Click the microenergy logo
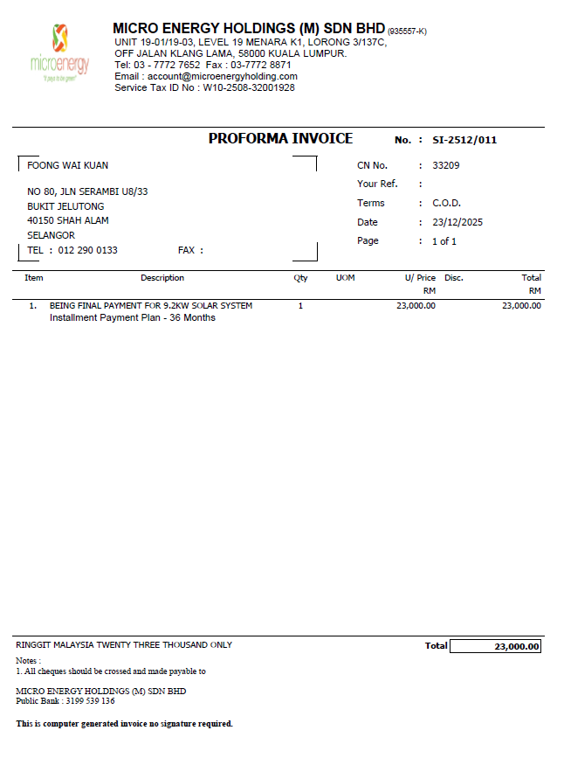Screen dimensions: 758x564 click(x=59, y=52)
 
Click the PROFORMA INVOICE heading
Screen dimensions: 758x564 click(x=280, y=139)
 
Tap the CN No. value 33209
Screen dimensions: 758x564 click(x=445, y=165)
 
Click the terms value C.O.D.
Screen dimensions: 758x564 click(x=446, y=203)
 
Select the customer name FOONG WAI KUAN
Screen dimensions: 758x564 click(x=68, y=165)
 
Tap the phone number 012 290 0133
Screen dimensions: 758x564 click(x=86, y=250)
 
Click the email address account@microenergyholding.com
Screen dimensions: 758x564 click(x=223, y=76)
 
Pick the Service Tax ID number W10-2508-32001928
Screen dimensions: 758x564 click(x=249, y=87)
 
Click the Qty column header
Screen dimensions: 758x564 click(x=300, y=278)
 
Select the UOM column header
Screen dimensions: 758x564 click(x=346, y=278)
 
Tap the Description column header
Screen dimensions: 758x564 click(x=162, y=278)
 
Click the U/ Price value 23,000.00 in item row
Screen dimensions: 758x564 click(x=416, y=306)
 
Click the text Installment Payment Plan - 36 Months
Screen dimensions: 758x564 click(x=133, y=317)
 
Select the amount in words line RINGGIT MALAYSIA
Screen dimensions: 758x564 click(x=124, y=645)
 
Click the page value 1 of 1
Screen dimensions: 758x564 click(x=444, y=241)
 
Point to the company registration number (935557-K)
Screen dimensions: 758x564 click(x=407, y=31)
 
